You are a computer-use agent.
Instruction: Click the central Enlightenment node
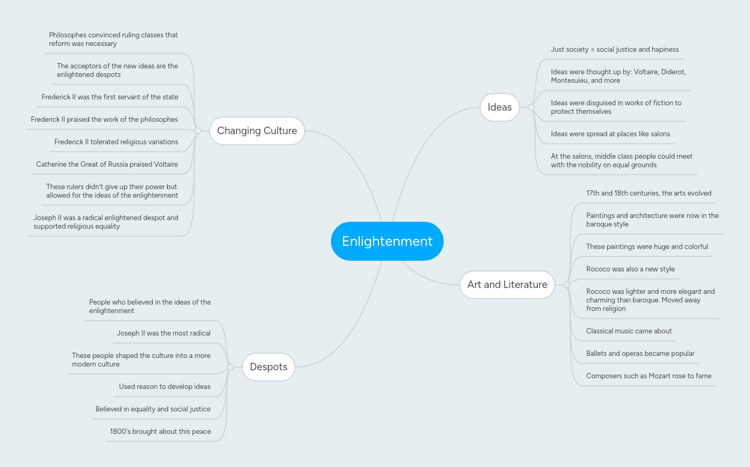[387, 242]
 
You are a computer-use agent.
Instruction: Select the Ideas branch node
[499, 107]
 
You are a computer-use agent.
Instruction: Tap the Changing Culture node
[257, 131]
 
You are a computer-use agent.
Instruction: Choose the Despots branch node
[268, 367]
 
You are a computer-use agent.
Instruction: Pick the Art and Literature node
[507, 285]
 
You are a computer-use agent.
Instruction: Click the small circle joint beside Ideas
[531, 107]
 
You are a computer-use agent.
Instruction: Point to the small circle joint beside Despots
[230, 367]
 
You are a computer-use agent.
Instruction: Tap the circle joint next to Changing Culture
[198, 131]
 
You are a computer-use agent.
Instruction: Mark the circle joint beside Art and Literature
[567, 285]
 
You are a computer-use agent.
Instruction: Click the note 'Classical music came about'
[629, 331]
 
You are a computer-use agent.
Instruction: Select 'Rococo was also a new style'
[630, 269]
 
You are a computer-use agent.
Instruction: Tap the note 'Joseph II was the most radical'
[164, 333]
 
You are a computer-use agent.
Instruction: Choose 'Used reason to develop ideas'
[165, 387]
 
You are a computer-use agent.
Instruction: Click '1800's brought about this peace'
[160, 432]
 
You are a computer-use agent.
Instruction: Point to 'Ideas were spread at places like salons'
[610, 134]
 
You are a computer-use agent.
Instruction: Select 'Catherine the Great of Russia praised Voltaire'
[107, 165]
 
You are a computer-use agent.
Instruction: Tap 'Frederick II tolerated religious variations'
[116, 142]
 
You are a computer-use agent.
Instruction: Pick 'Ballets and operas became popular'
[640, 354]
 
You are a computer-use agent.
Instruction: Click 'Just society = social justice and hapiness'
[615, 50]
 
